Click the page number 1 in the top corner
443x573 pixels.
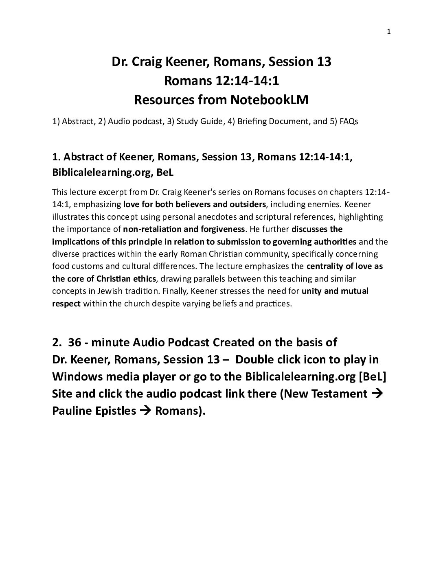388,32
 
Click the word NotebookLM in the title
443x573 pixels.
269,100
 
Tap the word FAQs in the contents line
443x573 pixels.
349,121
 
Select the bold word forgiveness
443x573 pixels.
224,229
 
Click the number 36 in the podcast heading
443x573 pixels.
75,342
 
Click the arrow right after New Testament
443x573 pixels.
377,394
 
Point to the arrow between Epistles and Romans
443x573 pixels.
145,411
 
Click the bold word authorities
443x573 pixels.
335,242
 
